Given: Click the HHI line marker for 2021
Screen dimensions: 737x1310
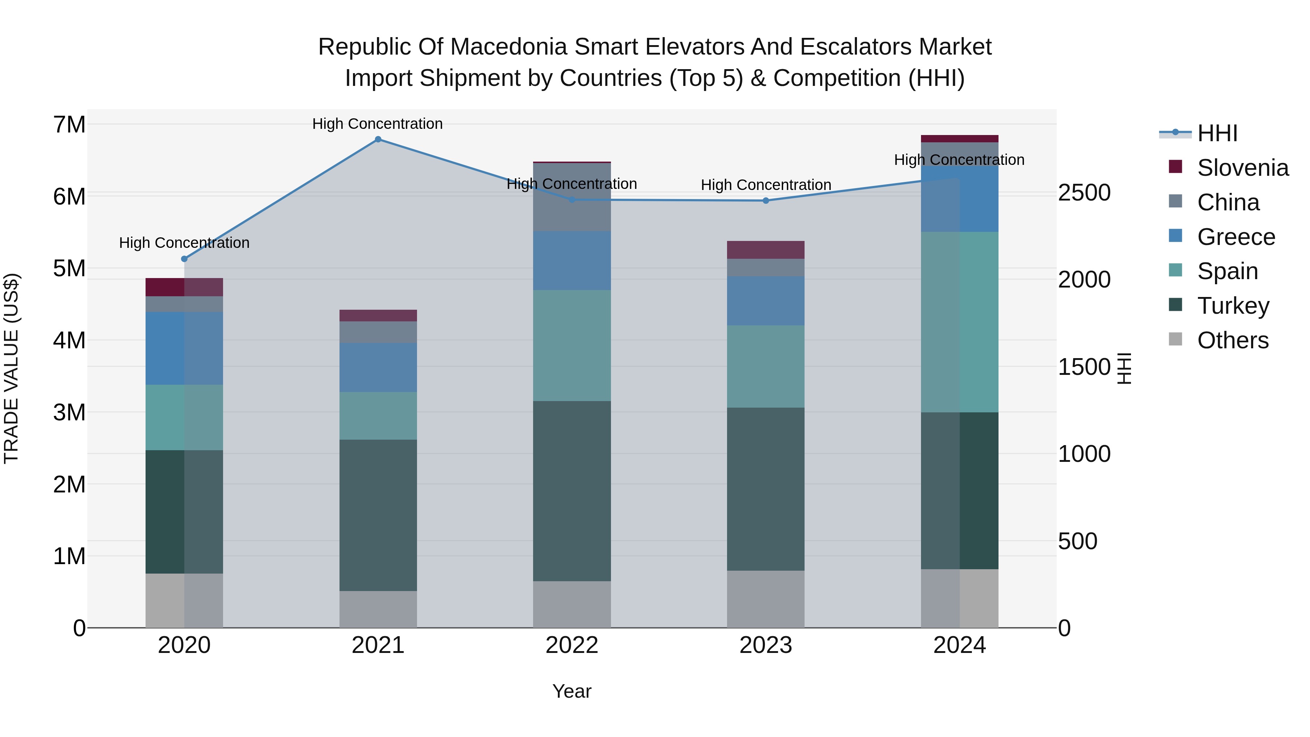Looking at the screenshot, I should (x=378, y=139).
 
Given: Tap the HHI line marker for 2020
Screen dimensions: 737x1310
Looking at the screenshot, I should (x=184, y=259).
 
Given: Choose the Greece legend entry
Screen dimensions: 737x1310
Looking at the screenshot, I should (x=1236, y=237).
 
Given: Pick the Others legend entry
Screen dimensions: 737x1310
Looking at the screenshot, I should (x=1233, y=340).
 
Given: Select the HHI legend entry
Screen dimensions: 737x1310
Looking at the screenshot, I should (x=1217, y=133).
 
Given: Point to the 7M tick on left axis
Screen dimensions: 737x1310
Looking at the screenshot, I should (x=69, y=124).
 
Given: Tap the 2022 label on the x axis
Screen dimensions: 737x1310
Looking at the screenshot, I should (x=572, y=645).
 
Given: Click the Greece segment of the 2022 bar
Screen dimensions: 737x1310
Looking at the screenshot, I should (x=572, y=261).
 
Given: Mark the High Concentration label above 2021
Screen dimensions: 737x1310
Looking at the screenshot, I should (x=377, y=124).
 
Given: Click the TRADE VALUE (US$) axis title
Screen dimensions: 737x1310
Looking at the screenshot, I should (x=11, y=368).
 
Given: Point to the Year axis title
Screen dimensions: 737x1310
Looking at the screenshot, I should (x=572, y=691).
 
